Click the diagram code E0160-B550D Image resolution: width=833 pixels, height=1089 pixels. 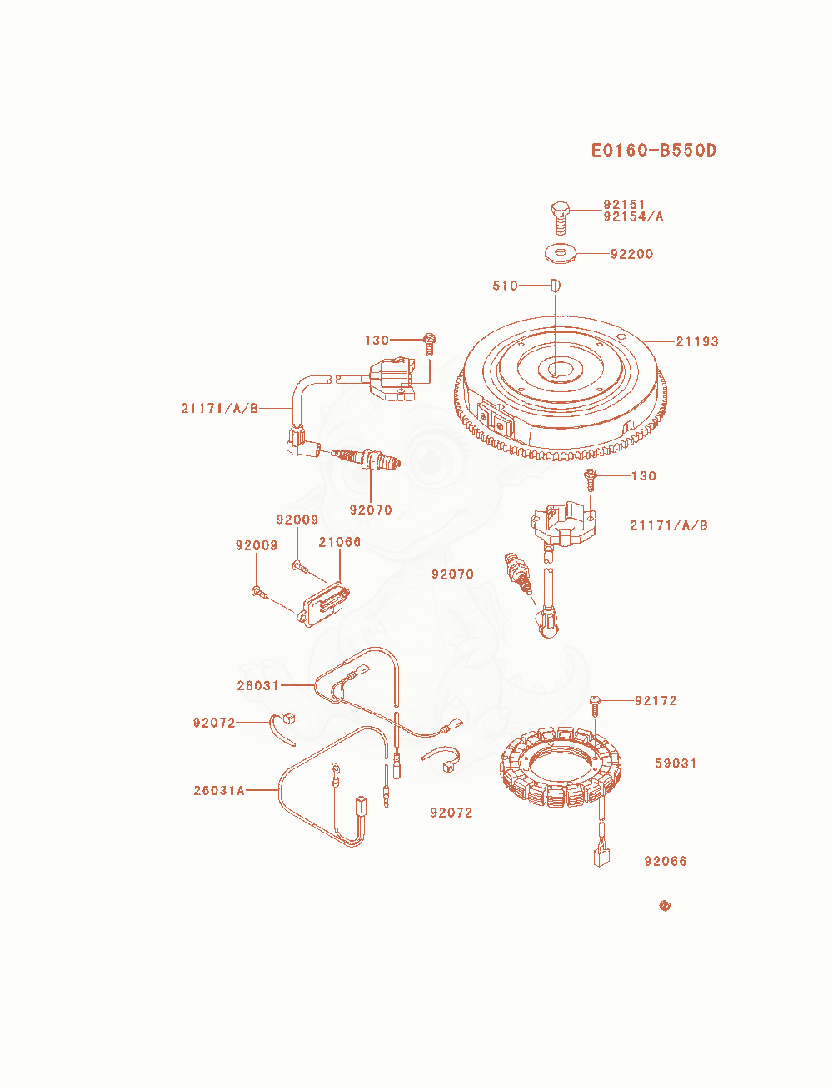coord(653,151)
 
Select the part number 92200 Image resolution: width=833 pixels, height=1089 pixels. coord(631,254)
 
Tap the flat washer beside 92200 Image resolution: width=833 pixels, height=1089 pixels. coord(561,252)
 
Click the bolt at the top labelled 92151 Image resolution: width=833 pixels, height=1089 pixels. coord(560,218)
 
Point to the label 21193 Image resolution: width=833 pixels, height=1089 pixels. coord(697,341)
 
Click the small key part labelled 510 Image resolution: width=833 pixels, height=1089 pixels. coord(556,286)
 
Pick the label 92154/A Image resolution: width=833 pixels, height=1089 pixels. coord(633,216)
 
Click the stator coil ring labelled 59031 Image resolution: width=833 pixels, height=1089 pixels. coord(561,764)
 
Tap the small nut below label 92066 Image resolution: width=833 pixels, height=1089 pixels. coord(665,906)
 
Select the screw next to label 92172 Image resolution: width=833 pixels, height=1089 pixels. coord(596,705)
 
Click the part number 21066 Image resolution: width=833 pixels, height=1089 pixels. coord(340,542)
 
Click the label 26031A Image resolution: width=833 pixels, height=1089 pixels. coord(219,791)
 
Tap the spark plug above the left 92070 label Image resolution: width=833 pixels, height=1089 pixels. coord(366,458)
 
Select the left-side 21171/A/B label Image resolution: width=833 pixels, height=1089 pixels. coord(219,408)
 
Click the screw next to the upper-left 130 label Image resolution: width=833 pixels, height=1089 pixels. coord(429,344)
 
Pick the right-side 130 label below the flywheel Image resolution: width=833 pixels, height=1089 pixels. coord(643,475)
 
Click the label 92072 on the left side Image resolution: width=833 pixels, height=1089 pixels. coord(214,723)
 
